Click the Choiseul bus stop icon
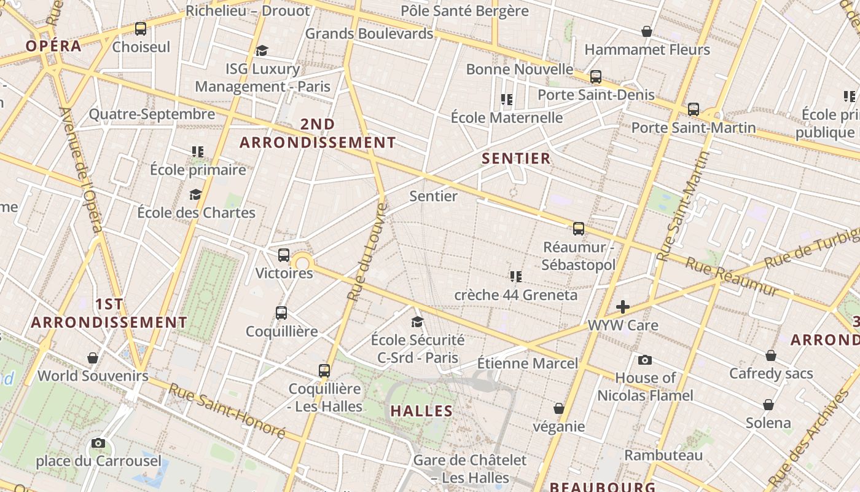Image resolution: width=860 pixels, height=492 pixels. point(141,29)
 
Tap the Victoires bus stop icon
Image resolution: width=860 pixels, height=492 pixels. point(284,255)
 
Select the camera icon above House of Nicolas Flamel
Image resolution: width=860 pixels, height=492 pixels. point(645,360)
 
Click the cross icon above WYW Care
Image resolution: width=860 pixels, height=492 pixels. point(623,307)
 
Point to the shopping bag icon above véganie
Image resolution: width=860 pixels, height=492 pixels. point(559,408)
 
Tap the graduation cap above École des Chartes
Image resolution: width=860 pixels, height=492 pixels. point(196,195)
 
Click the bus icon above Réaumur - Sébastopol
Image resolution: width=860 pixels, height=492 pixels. point(579,229)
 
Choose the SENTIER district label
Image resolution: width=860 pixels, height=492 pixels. point(516,159)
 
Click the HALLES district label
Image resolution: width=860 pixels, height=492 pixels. point(421,411)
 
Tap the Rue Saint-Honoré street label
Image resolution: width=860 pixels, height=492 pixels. point(227,411)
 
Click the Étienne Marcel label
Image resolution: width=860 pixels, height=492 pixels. point(528,363)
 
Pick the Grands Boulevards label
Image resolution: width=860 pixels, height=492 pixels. point(369,34)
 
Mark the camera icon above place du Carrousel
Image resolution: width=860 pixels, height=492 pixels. point(98,443)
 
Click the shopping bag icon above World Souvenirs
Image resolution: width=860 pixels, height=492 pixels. point(93,358)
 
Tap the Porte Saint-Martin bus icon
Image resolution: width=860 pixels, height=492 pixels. point(694,109)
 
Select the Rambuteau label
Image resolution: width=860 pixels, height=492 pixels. point(663,456)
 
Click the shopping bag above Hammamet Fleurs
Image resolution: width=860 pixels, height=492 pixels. point(647,31)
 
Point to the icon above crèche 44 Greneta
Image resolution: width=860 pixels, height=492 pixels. point(516,277)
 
